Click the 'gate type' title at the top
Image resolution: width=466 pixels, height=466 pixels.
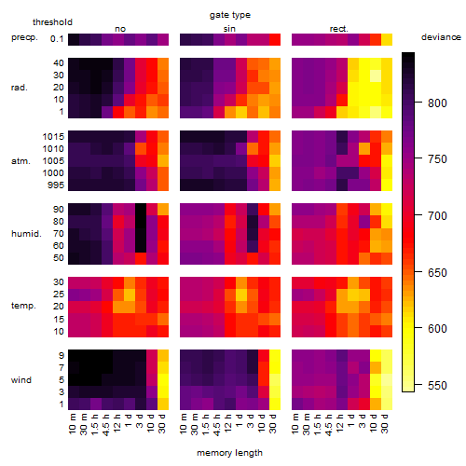(x=230, y=15)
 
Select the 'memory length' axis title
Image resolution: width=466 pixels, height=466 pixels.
(x=229, y=453)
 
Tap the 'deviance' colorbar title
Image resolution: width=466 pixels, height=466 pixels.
(x=441, y=37)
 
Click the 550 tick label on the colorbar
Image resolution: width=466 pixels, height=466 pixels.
(x=437, y=386)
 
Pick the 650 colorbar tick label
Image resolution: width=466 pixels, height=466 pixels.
(x=437, y=272)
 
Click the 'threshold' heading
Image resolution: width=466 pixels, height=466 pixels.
(x=52, y=22)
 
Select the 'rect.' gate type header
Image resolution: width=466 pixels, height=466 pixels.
(x=339, y=29)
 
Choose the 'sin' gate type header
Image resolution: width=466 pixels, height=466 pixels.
(x=229, y=29)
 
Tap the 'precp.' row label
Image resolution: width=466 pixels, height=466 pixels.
(x=24, y=38)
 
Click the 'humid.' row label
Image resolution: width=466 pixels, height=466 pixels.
(x=26, y=234)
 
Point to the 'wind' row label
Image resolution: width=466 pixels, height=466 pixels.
(x=21, y=380)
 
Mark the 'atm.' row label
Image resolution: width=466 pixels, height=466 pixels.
(x=21, y=161)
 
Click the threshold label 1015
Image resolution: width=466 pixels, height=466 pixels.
(x=53, y=137)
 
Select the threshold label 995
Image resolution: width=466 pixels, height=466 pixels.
(x=56, y=185)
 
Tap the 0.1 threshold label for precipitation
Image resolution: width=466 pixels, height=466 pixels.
(x=57, y=39)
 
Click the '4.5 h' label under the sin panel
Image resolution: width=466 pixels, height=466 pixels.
(x=217, y=425)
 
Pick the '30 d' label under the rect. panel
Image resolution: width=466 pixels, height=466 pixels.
(x=385, y=424)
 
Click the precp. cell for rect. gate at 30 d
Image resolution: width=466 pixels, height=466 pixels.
(x=387, y=39)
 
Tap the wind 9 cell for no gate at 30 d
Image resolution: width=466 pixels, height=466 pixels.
(x=163, y=356)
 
